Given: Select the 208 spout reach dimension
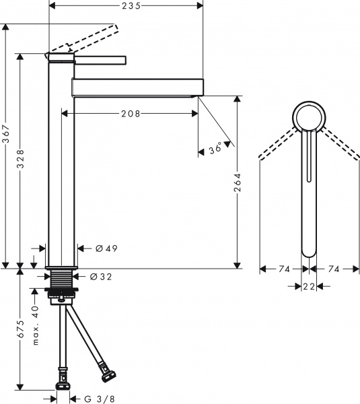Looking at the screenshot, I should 130,114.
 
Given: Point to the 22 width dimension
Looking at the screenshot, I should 309,287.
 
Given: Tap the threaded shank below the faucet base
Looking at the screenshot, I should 63,279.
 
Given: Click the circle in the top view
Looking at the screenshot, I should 310,119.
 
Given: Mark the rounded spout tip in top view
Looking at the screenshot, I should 309,249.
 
